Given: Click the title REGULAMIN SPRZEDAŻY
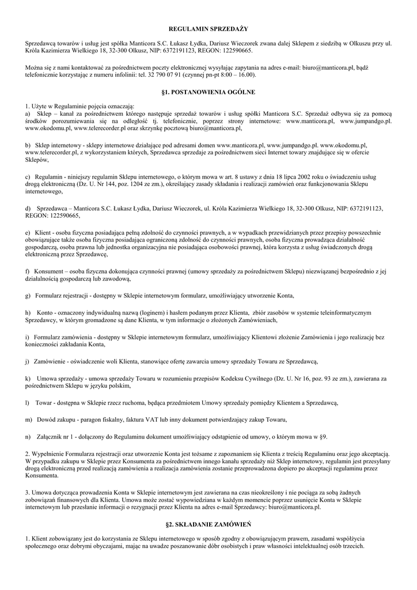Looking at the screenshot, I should pos(208,28).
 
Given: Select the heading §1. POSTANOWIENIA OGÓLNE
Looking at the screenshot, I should pos(208,92).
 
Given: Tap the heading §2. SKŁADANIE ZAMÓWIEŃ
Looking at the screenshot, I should pos(208,525).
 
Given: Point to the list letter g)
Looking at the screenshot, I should pos(28,296).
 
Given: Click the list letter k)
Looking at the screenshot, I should pos(28,378).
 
